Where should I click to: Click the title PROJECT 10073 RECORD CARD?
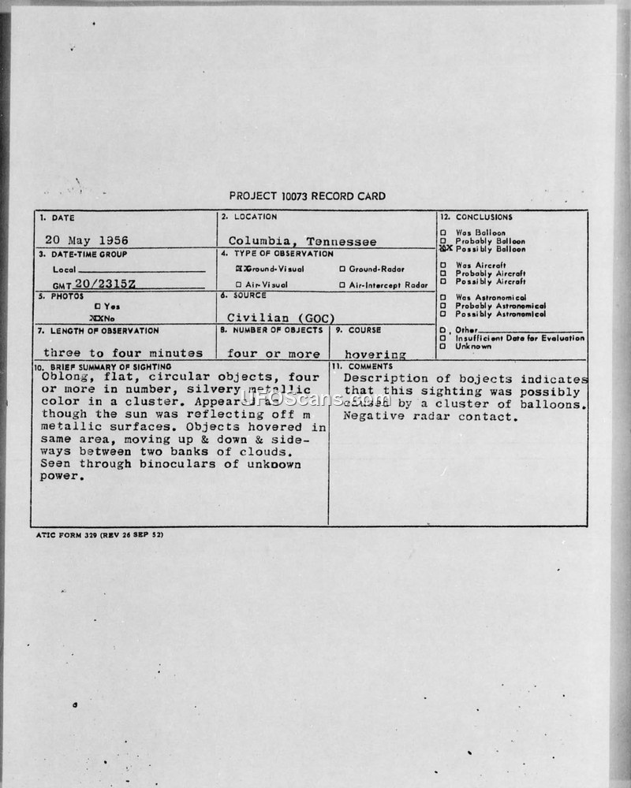307,196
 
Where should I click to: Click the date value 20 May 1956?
86,240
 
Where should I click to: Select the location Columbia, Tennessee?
302,241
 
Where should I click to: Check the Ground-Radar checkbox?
342,269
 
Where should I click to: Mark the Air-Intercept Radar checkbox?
342,284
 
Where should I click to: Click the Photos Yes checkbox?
97,306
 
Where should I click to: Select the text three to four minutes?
123,353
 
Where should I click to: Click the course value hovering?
375,355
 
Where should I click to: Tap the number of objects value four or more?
274,354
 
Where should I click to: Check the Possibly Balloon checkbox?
444,248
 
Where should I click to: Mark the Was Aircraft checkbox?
443,266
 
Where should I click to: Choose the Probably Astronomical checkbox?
443,306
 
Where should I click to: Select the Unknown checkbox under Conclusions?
443,346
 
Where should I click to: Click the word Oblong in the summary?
62,377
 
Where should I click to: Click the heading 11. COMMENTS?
362,366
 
